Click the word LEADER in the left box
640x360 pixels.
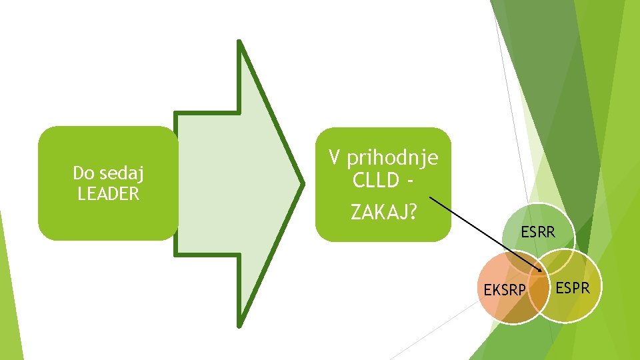tap(109, 194)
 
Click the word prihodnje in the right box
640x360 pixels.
tap(393, 158)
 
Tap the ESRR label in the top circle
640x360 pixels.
tap(538, 233)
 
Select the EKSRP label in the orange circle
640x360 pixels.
tap(505, 290)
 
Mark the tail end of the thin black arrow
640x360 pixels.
tap(429, 197)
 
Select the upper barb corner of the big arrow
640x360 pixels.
tap(239, 41)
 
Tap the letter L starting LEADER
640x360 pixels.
tap(81, 194)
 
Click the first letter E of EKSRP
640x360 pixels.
tap(487, 290)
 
